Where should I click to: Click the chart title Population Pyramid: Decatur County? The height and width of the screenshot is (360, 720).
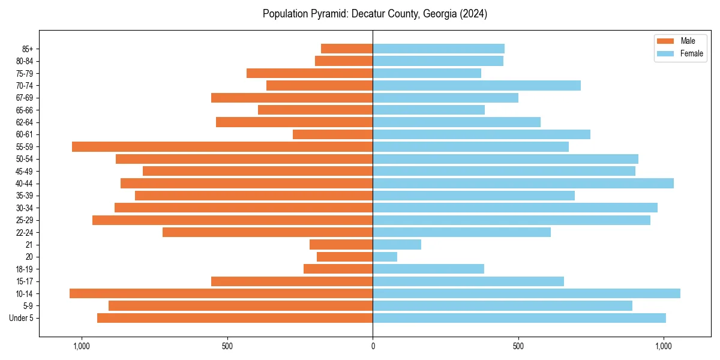374,14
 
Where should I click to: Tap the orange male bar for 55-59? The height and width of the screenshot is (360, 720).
222,146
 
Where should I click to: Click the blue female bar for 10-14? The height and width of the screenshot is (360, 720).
526,293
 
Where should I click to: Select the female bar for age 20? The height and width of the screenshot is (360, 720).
385,257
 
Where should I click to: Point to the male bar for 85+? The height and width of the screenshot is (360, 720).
347,49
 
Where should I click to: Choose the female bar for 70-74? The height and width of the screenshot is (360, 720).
476,85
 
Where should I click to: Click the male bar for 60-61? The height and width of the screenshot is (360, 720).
332,134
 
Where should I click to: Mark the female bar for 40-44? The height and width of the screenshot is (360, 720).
523,183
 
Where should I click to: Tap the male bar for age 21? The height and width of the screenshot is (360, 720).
341,244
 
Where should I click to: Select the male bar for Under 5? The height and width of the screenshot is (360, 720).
235,318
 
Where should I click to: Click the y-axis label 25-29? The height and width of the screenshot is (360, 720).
25,220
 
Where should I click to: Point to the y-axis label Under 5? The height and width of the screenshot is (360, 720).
22,318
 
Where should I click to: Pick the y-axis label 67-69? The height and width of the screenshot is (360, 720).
25,98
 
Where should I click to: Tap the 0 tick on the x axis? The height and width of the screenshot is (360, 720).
373,346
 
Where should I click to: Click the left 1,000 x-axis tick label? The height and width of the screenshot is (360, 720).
81,346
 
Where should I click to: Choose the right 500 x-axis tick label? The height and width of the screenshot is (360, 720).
518,346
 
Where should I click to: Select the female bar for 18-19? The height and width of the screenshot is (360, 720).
428,269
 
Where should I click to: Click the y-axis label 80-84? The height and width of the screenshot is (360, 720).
25,61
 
